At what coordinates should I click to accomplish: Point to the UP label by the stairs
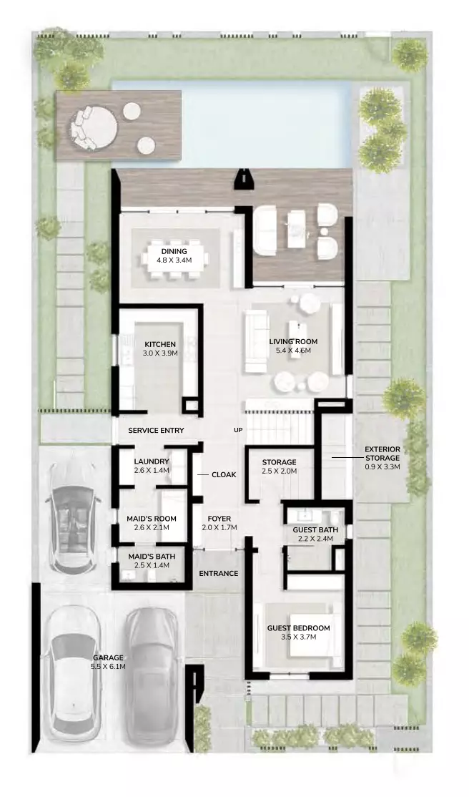tap(238, 430)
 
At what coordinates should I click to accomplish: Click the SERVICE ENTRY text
tap(156, 430)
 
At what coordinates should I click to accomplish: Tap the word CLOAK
tap(224, 475)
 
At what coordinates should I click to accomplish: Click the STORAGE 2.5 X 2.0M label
tap(279, 466)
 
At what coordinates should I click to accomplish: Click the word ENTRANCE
tap(219, 573)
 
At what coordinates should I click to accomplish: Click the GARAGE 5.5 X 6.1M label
tap(109, 661)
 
